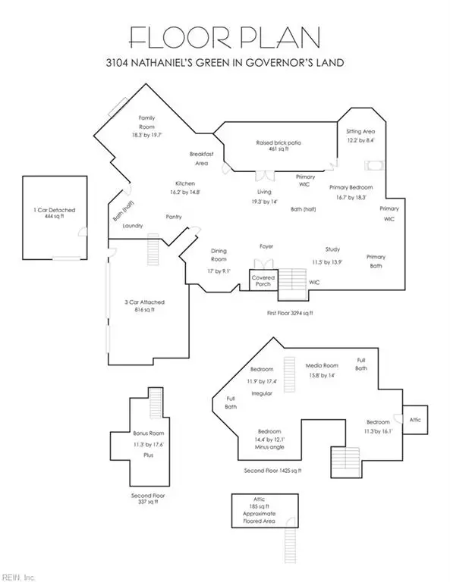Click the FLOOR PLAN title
click(x=225, y=37)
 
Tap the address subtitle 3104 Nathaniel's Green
click(x=225, y=62)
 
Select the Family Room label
click(x=146, y=122)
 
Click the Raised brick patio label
click(x=278, y=142)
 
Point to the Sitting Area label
click(x=360, y=131)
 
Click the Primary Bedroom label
click(x=351, y=187)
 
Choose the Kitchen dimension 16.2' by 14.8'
click(x=184, y=192)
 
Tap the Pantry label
click(x=174, y=217)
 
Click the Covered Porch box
click(x=263, y=280)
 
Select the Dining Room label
click(x=219, y=255)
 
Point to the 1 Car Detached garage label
click(x=54, y=210)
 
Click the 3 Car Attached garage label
click(x=144, y=302)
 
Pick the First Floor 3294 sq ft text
click(x=290, y=313)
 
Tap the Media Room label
click(x=322, y=365)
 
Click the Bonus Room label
click(x=148, y=433)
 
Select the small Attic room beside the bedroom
click(x=415, y=420)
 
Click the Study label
click(x=332, y=249)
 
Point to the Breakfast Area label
click(x=201, y=158)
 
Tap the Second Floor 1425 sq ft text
click(x=272, y=471)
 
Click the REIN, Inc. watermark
click(x=17, y=577)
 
